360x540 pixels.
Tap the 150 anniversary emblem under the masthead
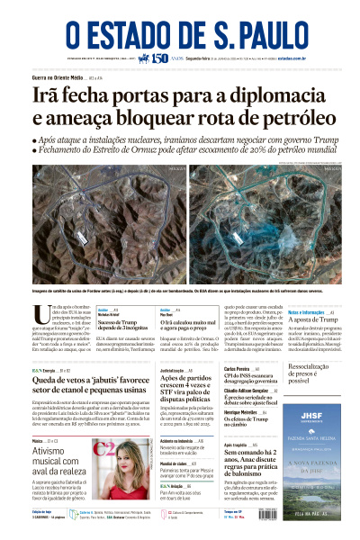tap(157, 59)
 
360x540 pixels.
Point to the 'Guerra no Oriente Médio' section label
tap(59, 79)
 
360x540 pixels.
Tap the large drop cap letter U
tap(40, 315)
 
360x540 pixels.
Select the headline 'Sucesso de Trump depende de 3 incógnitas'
tap(123, 324)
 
